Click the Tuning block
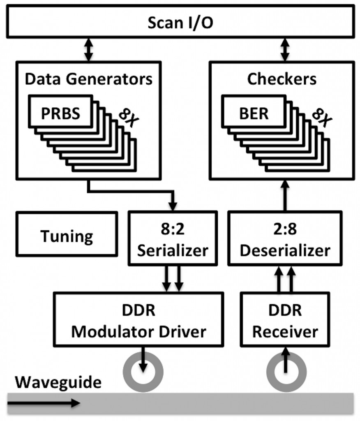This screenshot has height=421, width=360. click(x=67, y=236)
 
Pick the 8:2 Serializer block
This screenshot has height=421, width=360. click(x=173, y=238)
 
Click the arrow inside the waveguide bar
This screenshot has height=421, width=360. click(x=44, y=403)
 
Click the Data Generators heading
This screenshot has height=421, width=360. click(x=88, y=79)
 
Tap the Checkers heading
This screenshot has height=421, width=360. click(x=282, y=79)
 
